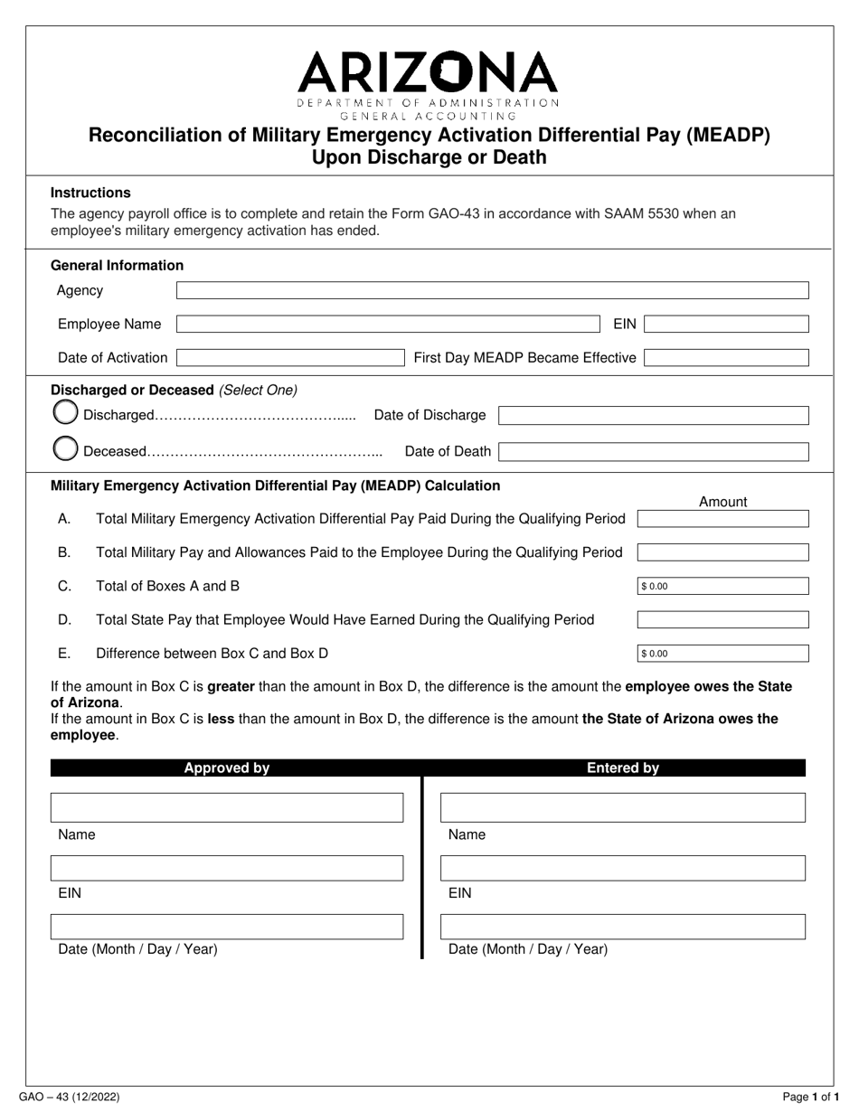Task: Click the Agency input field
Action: pos(492,290)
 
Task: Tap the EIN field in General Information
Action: pos(726,325)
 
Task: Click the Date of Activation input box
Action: pos(289,358)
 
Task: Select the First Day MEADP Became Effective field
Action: pos(726,358)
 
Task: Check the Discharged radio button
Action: pos(65,414)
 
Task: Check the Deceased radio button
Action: pos(65,449)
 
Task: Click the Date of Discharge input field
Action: pos(653,416)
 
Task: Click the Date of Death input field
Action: pos(653,451)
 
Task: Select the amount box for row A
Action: pos(722,519)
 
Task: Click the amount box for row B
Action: pos(722,552)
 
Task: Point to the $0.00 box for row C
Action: pos(722,586)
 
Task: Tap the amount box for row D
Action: pos(722,620)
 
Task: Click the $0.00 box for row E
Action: pos(722,653)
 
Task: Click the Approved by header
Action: pos(227,768)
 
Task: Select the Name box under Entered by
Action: pos(622,807)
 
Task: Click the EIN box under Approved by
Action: pos(227,868)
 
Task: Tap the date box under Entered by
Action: pos(622,927)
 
